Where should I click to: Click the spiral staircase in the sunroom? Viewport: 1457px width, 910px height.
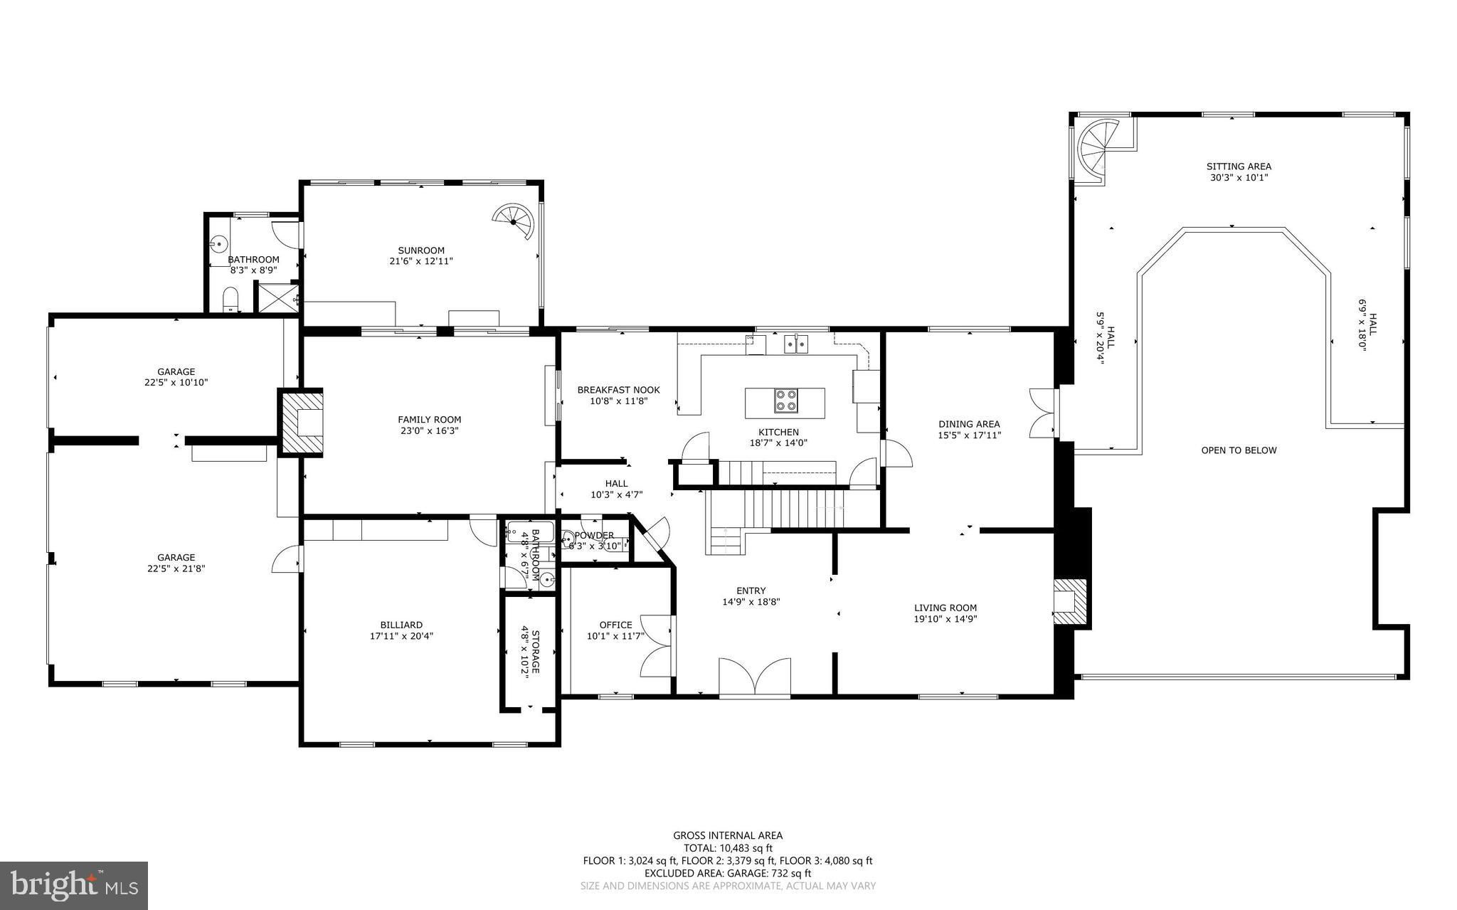pos(514,223)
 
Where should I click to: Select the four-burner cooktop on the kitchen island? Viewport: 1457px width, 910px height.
pos(786,401)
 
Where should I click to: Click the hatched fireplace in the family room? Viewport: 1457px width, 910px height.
pos(302,422)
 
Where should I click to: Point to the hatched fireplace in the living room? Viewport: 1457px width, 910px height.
pos(1071,601)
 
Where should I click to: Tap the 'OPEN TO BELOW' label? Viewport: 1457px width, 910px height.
pos(1239,450)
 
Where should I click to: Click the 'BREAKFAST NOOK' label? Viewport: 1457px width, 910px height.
pos(618,390)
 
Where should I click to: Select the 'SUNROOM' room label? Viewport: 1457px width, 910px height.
pos(421,250)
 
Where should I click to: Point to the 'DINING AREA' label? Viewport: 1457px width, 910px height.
pos(969,424)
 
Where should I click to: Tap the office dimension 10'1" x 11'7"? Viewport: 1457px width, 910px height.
pos(615,636)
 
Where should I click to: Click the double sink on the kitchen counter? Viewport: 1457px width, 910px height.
pos(796,344)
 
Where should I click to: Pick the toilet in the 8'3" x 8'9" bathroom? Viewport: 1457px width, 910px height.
pos(231,300)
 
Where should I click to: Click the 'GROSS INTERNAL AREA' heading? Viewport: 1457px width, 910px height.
pos(728,836)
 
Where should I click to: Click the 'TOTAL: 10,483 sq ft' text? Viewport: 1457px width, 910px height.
pos(728,848)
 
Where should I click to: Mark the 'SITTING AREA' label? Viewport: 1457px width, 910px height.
pos(1239,166)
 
